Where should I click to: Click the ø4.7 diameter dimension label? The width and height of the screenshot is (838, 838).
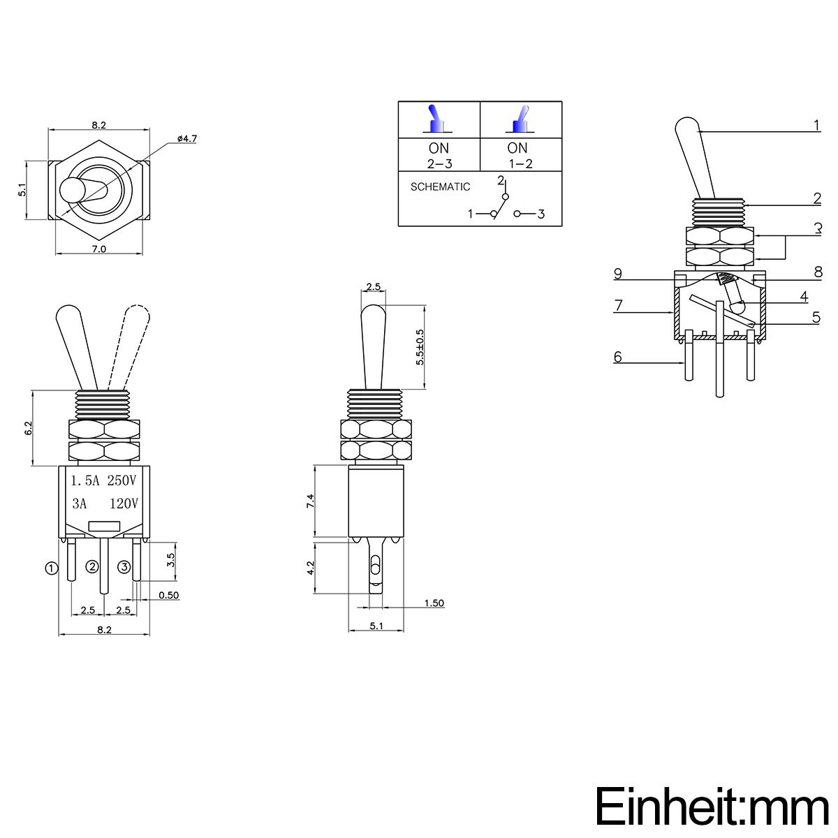click(x=187, y=139)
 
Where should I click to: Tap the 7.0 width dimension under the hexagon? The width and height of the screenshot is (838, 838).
click(x=98, y=249)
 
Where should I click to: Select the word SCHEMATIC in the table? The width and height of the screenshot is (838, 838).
click(x=440, y=187)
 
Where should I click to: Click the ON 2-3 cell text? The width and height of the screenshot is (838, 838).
click(x=439, y=156)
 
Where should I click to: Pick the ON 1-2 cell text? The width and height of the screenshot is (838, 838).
click(x=519, y=156)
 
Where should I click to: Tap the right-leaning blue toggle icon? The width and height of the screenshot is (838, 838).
click(x=520, y=119)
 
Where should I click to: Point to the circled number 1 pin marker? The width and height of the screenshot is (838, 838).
click(x=52, y=568)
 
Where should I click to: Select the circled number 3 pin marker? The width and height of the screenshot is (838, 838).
click(x=124, y=566)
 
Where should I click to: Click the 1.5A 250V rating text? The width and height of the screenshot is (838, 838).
click(x=104, y=480)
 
